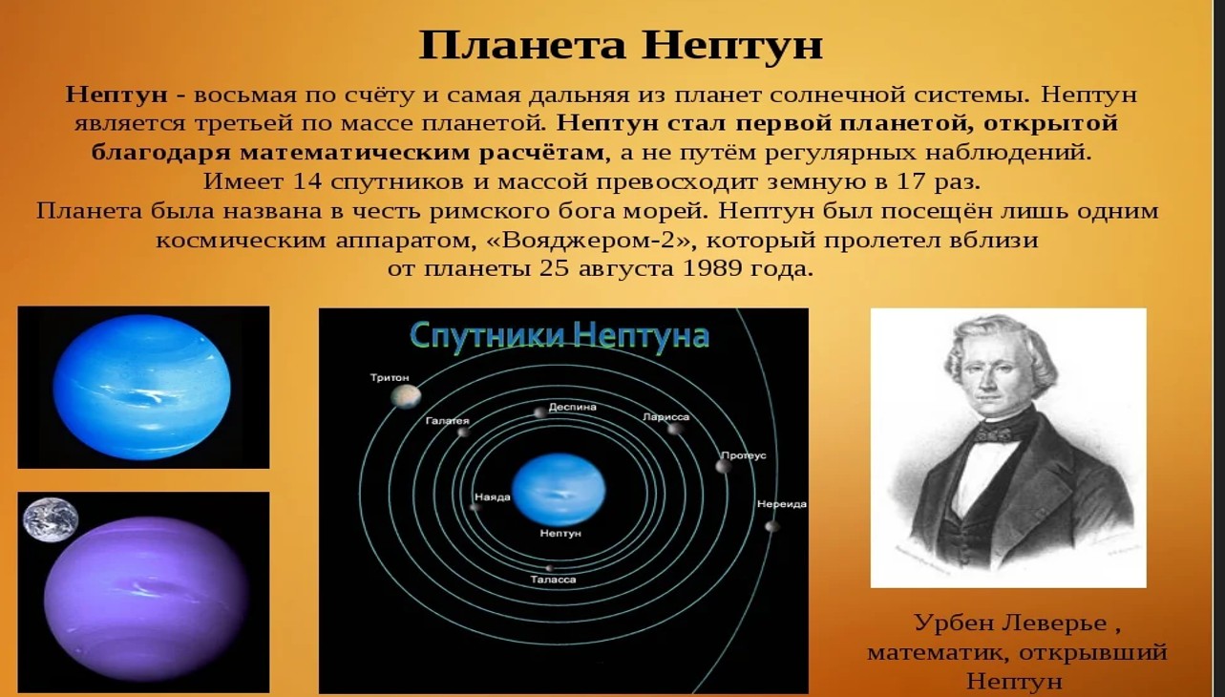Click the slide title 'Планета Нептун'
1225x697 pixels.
pos(621,45)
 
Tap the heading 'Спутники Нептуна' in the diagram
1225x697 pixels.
pos(560,335)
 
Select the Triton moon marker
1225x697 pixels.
pos(406,396)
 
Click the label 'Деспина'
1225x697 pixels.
pos(572,407)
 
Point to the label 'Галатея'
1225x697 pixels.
pos(448,420)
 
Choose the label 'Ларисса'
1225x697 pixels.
pos(666,416)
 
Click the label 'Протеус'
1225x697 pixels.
pos(743,454)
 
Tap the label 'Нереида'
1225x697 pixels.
pos(781,503)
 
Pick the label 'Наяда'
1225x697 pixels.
pos(492,496)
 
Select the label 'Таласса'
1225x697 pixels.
pos(553,580)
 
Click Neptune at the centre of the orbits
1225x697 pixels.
pos(559,489)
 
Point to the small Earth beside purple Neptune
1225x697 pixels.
pos(51,519)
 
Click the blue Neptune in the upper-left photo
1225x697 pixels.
pos(141,387)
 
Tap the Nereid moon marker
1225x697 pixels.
pos(771,526)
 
